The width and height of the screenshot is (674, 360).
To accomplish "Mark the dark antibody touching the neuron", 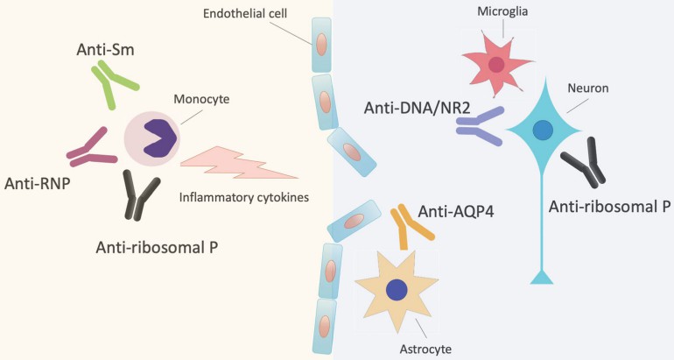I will point(584,165).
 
